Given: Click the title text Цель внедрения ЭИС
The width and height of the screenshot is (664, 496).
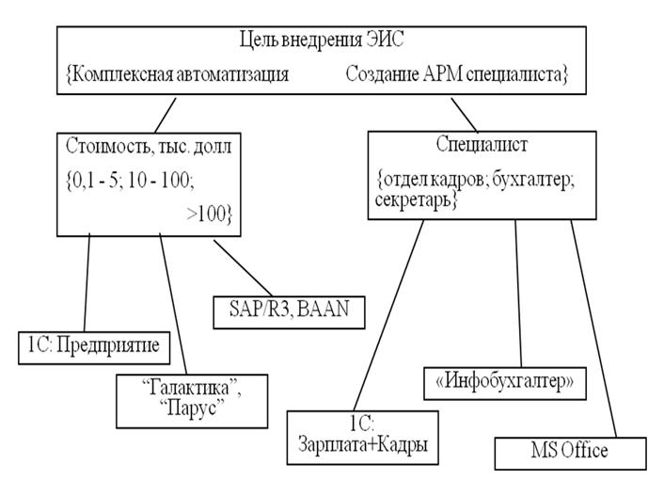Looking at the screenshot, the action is (322, 40).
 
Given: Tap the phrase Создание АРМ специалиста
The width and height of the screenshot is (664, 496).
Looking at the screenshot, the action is (453, 74).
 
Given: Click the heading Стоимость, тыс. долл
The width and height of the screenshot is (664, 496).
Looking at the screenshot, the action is (149, 147).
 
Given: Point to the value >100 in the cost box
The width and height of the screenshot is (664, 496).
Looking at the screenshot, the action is (206, 214).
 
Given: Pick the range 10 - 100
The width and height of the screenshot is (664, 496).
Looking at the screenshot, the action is (160, 181).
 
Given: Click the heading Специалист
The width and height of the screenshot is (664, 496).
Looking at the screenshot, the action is (482, 145).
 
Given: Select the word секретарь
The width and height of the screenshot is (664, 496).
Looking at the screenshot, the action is (413, 200).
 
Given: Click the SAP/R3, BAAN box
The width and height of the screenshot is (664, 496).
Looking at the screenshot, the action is (289, 312).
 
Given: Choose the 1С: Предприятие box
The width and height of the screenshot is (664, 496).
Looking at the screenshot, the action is (94, 348).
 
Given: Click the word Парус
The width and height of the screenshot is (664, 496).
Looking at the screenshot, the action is (192, 408).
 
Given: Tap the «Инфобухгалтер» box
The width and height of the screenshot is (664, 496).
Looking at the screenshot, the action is (505, 383).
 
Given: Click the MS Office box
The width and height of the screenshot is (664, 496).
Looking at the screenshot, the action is (570, 454).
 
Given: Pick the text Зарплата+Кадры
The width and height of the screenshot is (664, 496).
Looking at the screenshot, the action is (362, 444).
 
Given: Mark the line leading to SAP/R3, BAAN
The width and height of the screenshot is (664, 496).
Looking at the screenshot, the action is (243, 268).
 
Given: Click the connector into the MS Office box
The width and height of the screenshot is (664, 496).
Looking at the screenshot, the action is (593, 328).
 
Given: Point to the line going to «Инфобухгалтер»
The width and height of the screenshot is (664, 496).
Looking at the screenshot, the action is (518, 294).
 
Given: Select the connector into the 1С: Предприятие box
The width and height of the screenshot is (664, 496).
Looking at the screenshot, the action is (87, 284).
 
